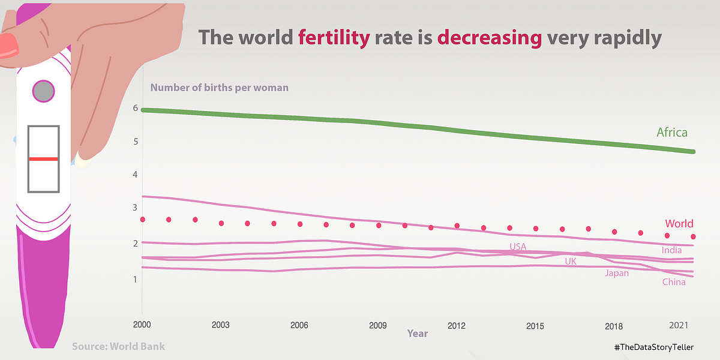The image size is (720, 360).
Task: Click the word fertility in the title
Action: [334, 38]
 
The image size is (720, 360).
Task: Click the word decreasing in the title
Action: [490, 38]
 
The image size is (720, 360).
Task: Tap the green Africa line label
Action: [672, 133]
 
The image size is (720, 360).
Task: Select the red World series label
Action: [679, 224]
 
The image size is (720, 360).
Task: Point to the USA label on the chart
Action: [518, 247]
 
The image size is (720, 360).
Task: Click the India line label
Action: [672, 250]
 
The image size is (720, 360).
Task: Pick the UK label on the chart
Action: [571, 262]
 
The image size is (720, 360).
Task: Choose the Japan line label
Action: [617, 274]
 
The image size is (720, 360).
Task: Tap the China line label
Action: [674, 283]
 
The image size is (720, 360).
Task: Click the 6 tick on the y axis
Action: [136, 109]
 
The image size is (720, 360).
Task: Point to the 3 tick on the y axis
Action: [136, 208]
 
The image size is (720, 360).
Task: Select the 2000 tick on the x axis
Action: [142, 325]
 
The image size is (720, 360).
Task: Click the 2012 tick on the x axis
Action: [457, 326]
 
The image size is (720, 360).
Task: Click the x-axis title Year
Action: [418, 333]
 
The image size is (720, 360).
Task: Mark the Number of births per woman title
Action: [220, 88]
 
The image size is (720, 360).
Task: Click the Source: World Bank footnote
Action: [118, 346]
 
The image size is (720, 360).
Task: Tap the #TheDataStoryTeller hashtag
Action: [658, 348]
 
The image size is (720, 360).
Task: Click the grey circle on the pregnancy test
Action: [43, 91]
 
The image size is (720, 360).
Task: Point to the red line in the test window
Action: [43, 159]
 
